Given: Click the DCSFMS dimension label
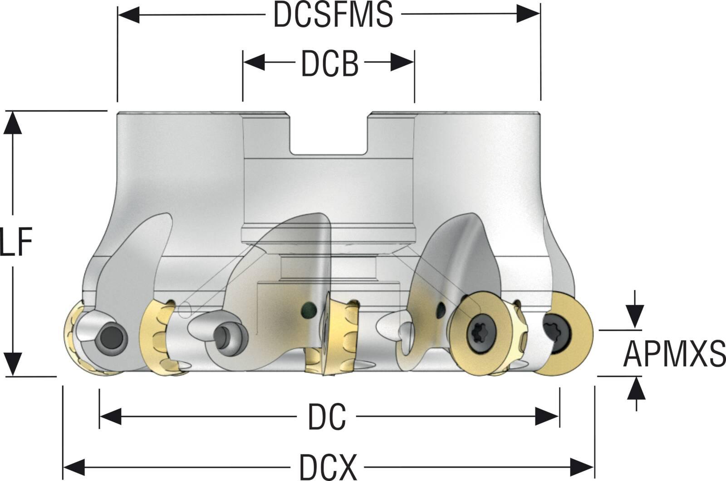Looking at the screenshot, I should point(333,15).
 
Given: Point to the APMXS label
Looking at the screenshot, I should point(674,354).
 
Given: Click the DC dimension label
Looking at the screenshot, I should point(327,417).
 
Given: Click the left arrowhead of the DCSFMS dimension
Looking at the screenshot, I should point(128,15).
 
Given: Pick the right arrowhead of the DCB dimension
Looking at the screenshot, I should point(402,63).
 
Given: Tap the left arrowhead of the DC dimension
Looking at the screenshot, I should point(110,416).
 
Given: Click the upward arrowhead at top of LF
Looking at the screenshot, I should point(12,122).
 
